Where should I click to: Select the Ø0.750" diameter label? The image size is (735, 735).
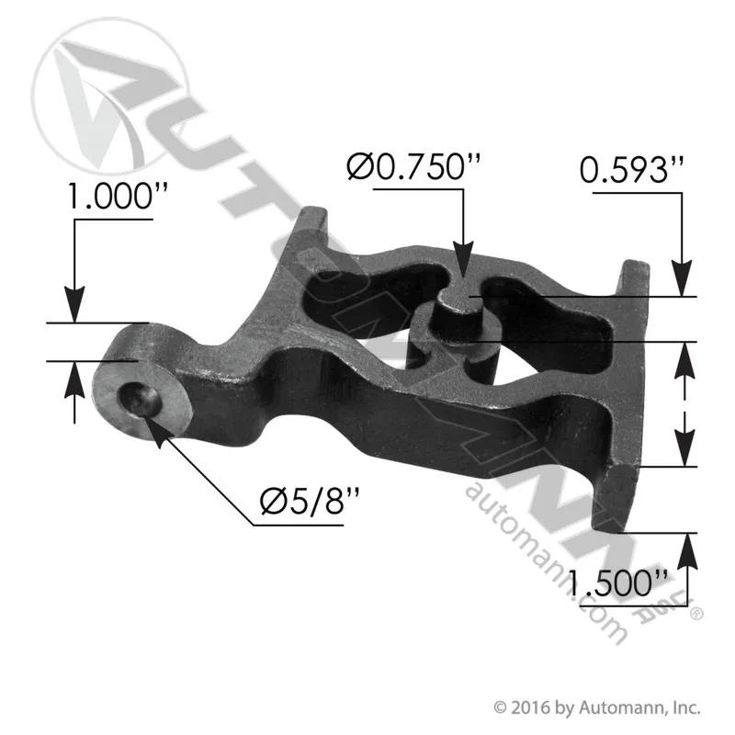(x=414, y=167)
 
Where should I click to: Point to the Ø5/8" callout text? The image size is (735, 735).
(x=310, y=501)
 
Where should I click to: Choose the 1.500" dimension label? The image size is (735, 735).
(x=616, y=582)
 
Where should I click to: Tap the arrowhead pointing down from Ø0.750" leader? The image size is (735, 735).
(x=463, y=260)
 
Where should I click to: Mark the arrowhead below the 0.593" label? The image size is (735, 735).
(x=682, y=278)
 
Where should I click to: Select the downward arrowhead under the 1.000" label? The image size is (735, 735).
(x=74, y=305)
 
